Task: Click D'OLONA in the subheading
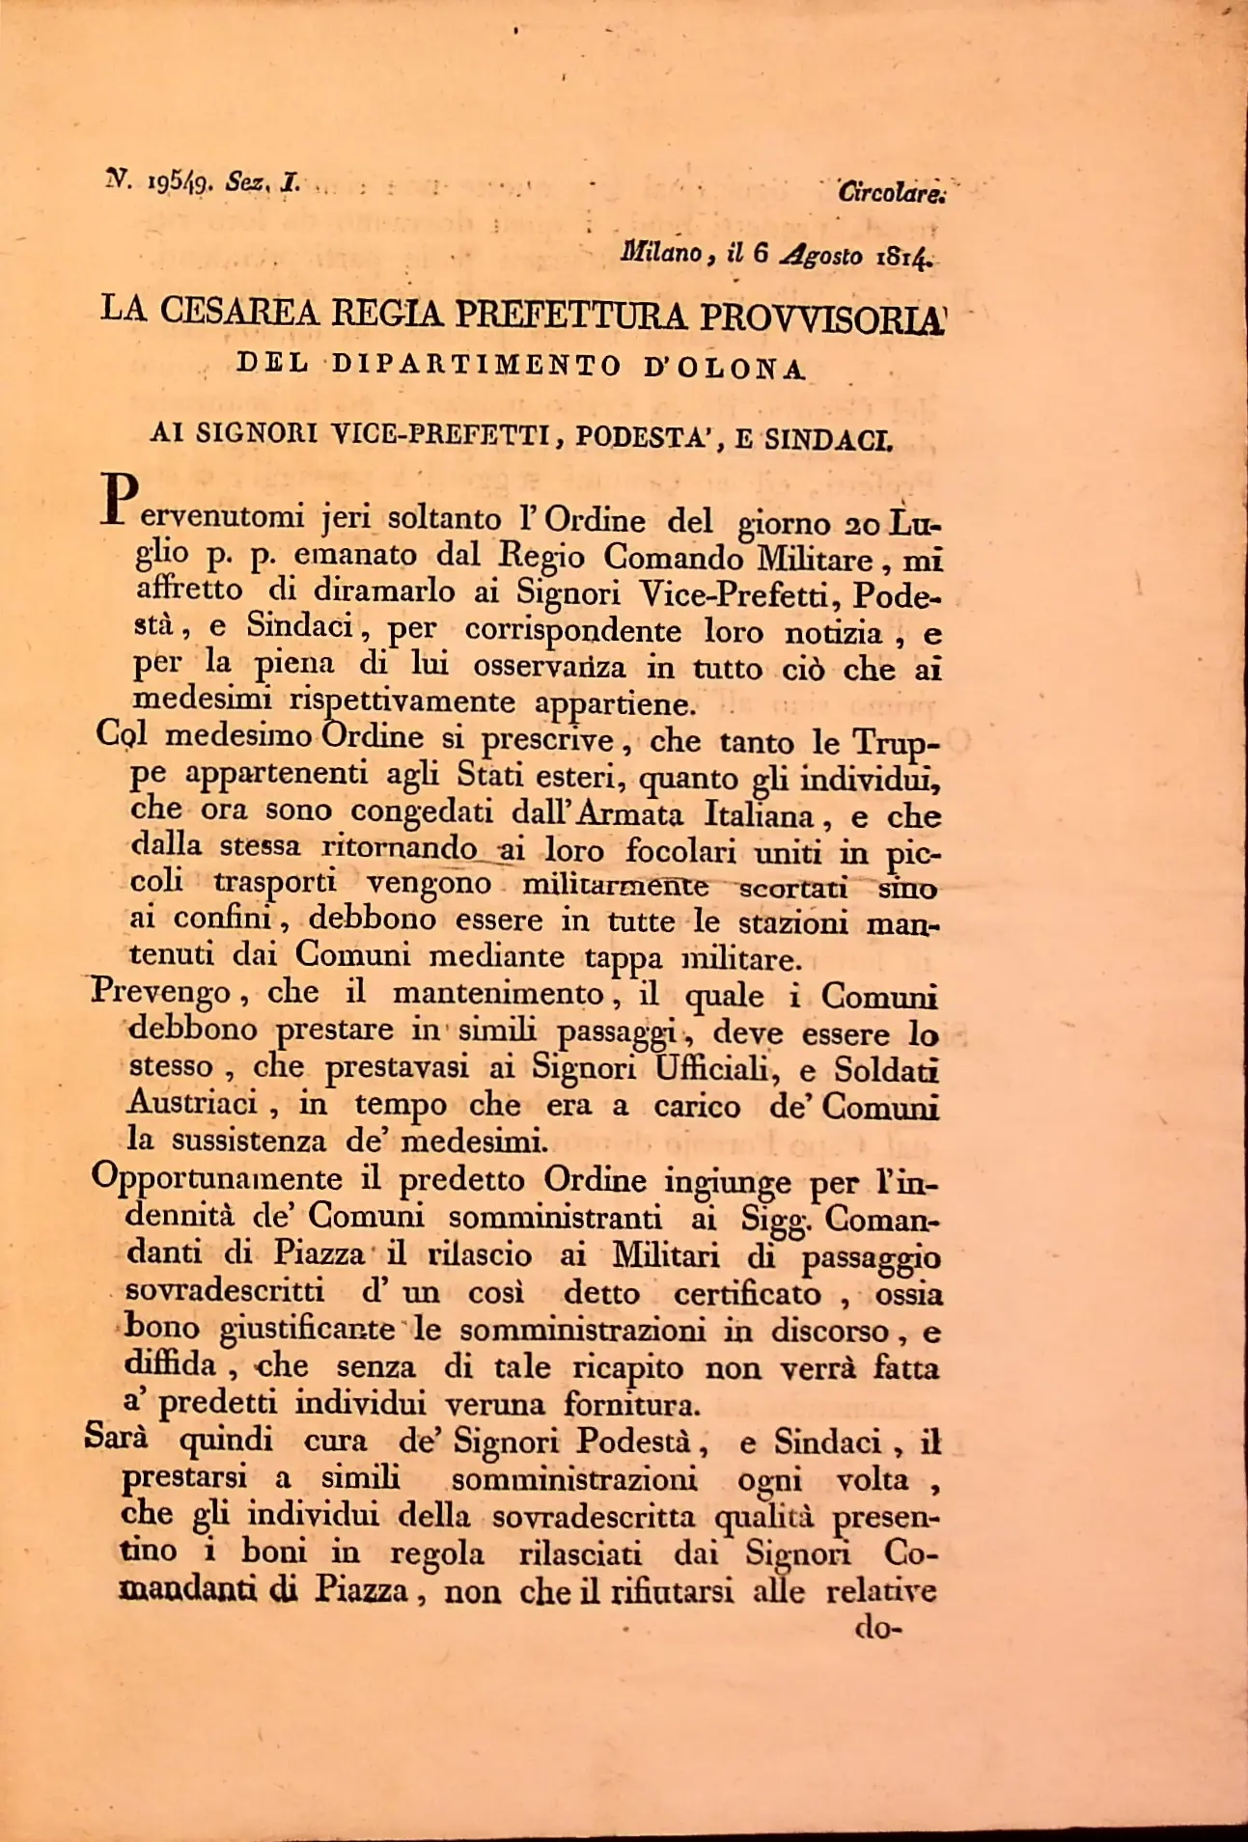(x=724, y=369)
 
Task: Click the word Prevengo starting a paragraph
(x=161, y=992)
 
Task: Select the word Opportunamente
(x=217, y=1179)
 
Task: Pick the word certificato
(x=748, y=1293)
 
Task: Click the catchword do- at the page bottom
(x=876, y=1629)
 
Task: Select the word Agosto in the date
(x=822, y=256)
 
